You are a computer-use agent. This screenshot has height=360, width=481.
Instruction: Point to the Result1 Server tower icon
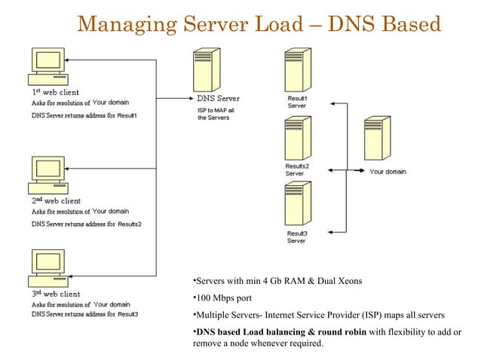[x=294, y=70]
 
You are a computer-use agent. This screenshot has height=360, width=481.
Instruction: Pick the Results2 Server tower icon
[x=294, y=137]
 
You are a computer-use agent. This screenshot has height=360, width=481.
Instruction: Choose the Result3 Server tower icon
[x=294, y=204]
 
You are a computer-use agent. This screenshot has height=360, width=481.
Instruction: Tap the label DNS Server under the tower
[x=219, y=99]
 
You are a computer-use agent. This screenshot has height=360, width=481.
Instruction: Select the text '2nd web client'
[x=56, y=201]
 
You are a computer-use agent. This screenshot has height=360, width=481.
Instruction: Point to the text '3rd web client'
[x=56, y=294]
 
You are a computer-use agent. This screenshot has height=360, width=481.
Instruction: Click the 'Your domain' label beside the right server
[x=388, y=172]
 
